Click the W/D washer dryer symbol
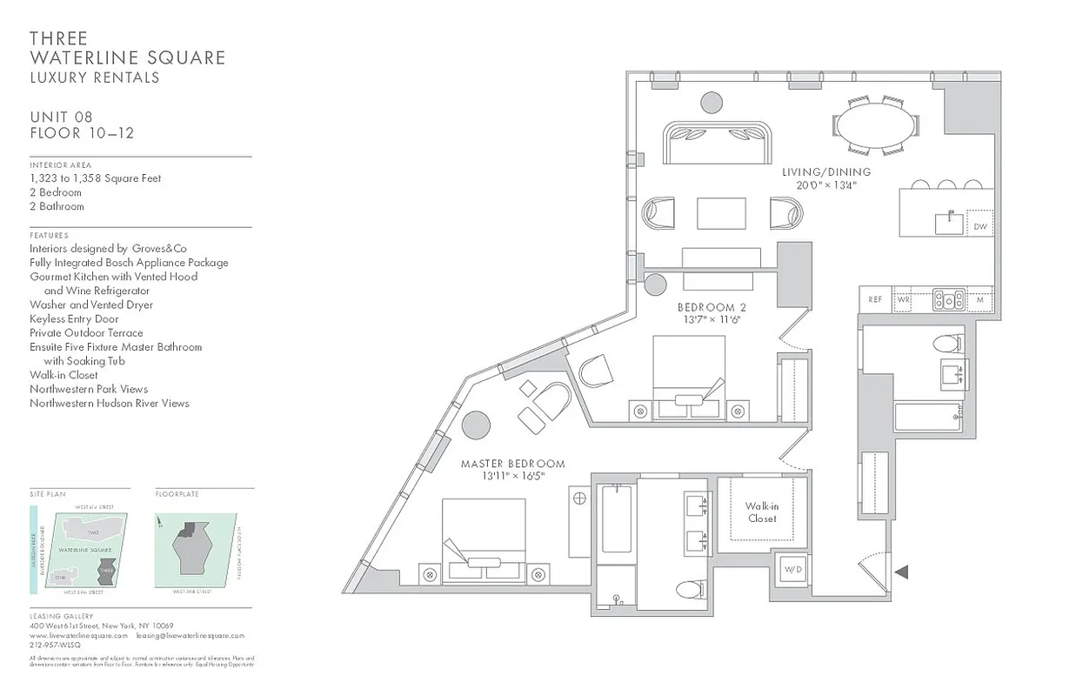tap(792, 570)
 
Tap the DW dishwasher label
tap(980, 227)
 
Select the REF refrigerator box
tap(875, 299)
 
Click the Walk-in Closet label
tap(761, 512)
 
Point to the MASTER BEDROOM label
tap(512, 464)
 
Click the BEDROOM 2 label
tap(712, 307)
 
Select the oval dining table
tap(876, 125)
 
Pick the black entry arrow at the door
tap(902, 572)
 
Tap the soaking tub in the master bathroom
tap(616, 519)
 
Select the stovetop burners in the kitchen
tap(948, 299)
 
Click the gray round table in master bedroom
tap(476, 425)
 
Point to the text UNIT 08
tap(61, 117)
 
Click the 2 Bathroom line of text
tap(57, 206)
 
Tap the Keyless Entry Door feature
tap(74, 318)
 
